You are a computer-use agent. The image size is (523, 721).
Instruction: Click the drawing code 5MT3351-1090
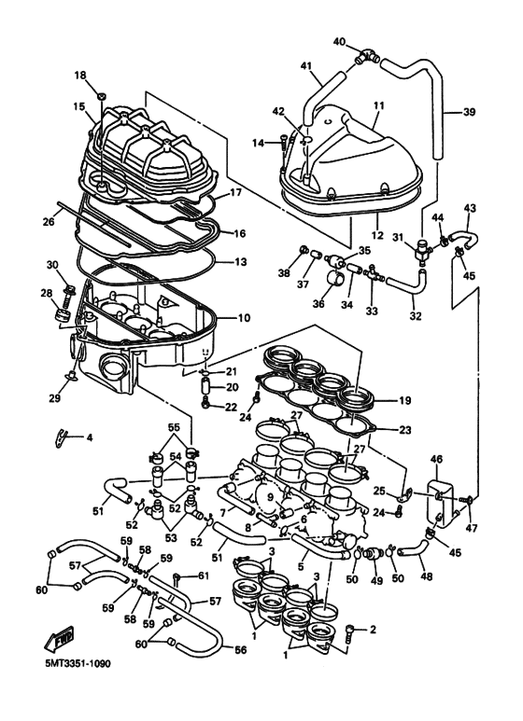78,664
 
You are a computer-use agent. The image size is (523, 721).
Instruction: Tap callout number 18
80,75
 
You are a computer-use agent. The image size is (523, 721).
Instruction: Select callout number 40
339,42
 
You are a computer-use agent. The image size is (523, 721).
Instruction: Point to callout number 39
469,112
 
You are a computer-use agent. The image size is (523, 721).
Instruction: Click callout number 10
244,318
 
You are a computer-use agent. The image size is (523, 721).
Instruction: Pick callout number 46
436,459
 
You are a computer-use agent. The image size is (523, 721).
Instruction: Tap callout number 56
240,650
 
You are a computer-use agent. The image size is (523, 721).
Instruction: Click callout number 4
90,437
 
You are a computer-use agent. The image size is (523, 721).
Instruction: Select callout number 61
203,575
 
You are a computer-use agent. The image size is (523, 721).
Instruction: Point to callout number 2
373,629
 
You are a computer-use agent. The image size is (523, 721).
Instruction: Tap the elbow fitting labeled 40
367,59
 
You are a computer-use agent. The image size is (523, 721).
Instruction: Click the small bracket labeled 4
59,437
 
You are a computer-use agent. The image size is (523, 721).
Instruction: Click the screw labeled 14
283,142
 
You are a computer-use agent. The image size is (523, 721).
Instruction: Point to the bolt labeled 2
352,633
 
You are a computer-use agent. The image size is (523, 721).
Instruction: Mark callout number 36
318,303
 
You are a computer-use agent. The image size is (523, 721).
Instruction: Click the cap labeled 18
102,96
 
